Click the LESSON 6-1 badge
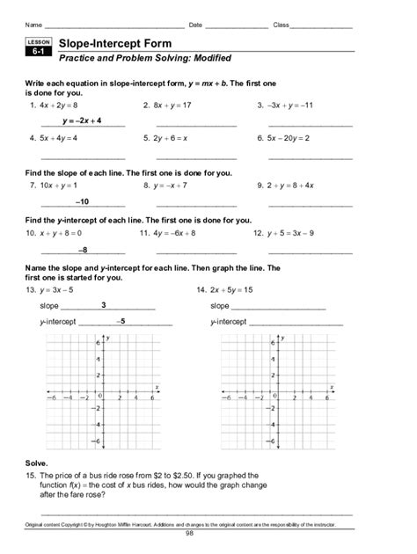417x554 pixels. tap(39, 48)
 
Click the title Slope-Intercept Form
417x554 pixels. tap(114, 43)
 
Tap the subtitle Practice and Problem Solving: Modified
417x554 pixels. tap(144, 59)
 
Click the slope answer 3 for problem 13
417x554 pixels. tap(104, 304)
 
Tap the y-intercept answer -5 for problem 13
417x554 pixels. tap(122, 320)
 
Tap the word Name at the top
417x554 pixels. tap(33, 25)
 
